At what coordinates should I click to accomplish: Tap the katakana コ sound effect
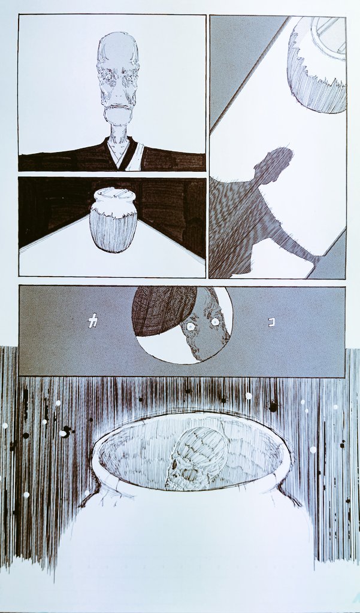(271, 321)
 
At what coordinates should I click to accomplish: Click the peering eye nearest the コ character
(214, 321)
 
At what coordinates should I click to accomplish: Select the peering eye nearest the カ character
(190, 327)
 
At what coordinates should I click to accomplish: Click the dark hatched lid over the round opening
(164, 309)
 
